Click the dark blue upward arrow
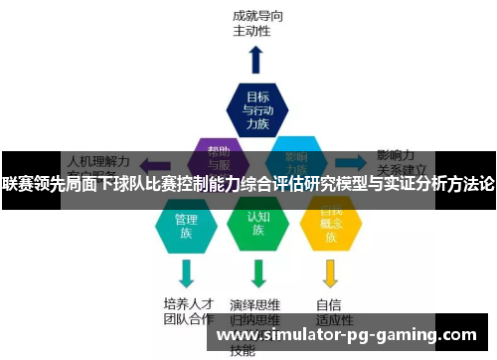[256, 60]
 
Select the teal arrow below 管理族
[186, 272]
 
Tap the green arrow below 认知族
[258, 272]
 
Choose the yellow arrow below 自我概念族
[330, 272]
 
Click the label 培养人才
[188, 303]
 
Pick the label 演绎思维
[253, 303]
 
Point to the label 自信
[329, 303]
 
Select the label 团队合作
[188, 319]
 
